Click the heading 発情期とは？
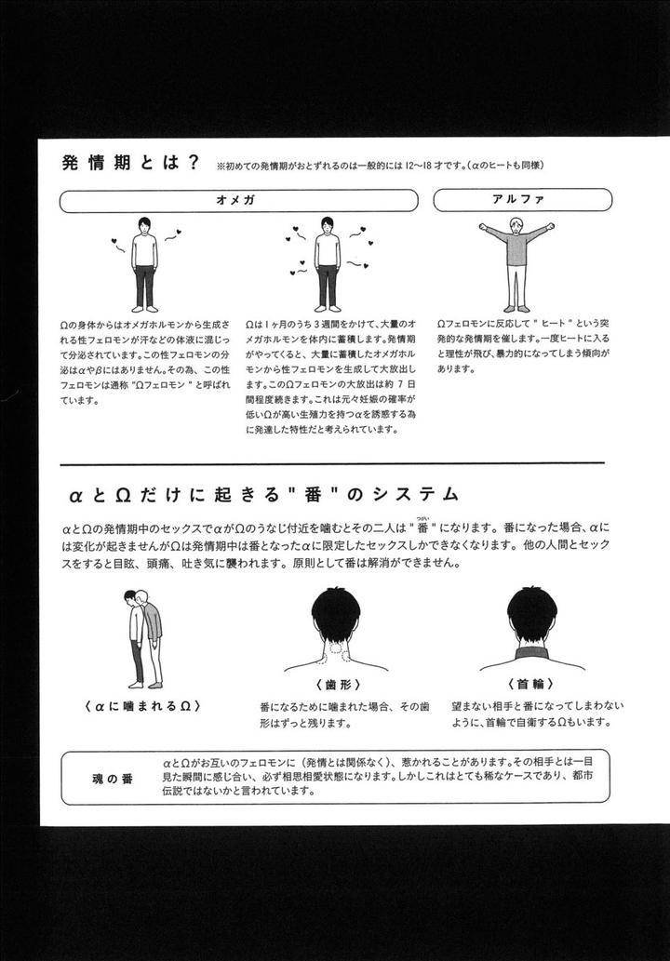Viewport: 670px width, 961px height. (131, 163)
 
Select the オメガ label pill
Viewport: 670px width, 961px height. (238, 200)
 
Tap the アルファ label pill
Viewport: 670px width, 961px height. (522, 200)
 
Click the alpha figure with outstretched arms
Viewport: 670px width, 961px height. (516, 265)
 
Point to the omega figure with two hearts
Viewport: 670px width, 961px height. (144, 264)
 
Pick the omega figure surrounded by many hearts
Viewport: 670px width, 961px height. (328, 264)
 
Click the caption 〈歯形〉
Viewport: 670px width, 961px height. (339, 685)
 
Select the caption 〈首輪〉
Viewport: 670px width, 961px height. (530, 684)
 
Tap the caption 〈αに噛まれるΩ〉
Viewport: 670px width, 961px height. (142, 705)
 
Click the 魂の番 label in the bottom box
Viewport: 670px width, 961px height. (113, 779)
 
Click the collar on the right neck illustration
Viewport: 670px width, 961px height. (532, 652)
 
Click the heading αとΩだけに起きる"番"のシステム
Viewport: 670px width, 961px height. (263, 495)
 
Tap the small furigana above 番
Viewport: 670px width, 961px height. (422, 517)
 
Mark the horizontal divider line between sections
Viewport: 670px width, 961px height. (332, 464)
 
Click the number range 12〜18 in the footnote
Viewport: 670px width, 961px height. (419, 166)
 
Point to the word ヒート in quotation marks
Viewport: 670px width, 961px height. (554, 323)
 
